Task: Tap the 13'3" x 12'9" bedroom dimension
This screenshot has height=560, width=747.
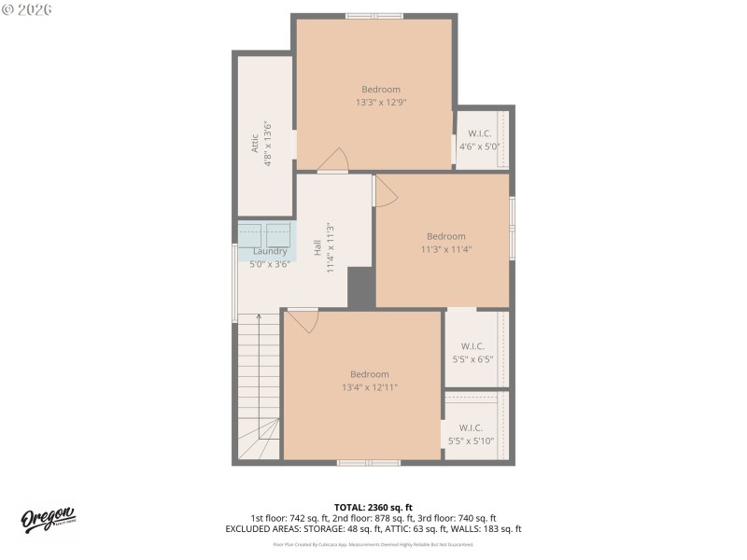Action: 380,103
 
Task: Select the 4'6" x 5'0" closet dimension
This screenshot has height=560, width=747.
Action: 479,147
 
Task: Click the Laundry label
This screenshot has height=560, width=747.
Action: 270,251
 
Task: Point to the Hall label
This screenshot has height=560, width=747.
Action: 317,247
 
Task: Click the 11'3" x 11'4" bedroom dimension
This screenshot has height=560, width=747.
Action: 445,249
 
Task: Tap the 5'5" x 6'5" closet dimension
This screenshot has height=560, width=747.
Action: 472,358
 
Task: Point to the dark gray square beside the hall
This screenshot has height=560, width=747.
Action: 361,287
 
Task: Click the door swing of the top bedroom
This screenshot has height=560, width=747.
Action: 333,161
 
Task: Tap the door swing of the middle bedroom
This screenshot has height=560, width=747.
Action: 385,192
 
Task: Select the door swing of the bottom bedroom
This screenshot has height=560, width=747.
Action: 303,321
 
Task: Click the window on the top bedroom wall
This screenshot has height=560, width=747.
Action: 373,16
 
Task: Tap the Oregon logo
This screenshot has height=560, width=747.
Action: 48,520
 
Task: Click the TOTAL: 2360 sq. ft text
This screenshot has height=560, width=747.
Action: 373,507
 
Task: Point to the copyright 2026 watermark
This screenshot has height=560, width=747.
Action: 27,8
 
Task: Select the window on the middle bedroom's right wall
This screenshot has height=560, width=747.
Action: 512,226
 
